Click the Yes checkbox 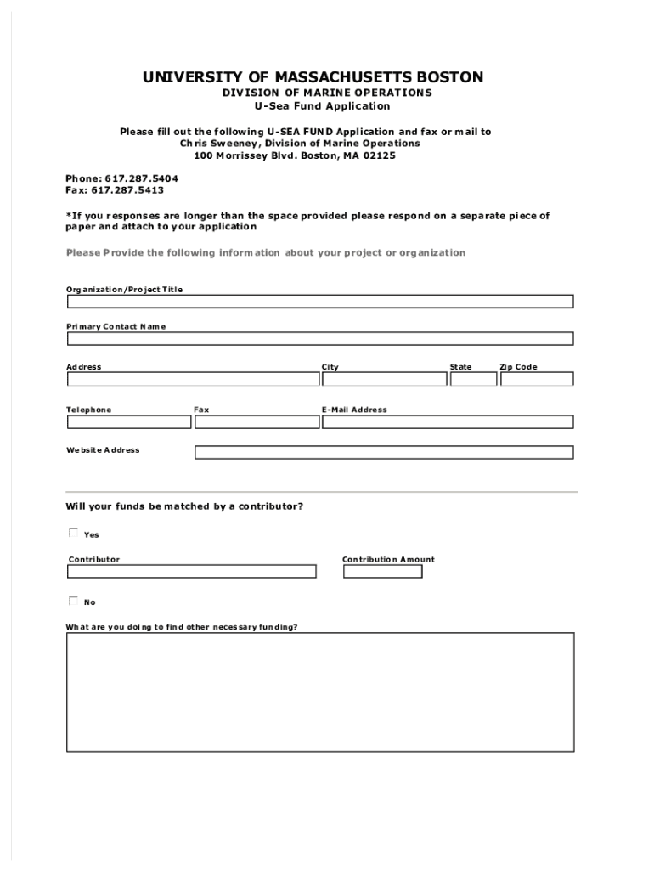coord(73,534)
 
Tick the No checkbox coord(73,601)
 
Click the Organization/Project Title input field coord(320,302)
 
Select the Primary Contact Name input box coord(320,338)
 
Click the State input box coord(473,379)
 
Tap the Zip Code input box coord(537,379)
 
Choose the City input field coord(383,379)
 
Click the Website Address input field coord(384,452)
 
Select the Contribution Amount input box coord(382,572)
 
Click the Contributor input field coord(192,572)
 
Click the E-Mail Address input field coord(448,421)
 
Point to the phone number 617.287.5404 coord(142,179)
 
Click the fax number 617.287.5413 coord(133,190)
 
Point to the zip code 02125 coord(379,156)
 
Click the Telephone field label coord(89,410)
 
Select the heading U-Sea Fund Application coord(323,106)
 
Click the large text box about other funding coord(320,693)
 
